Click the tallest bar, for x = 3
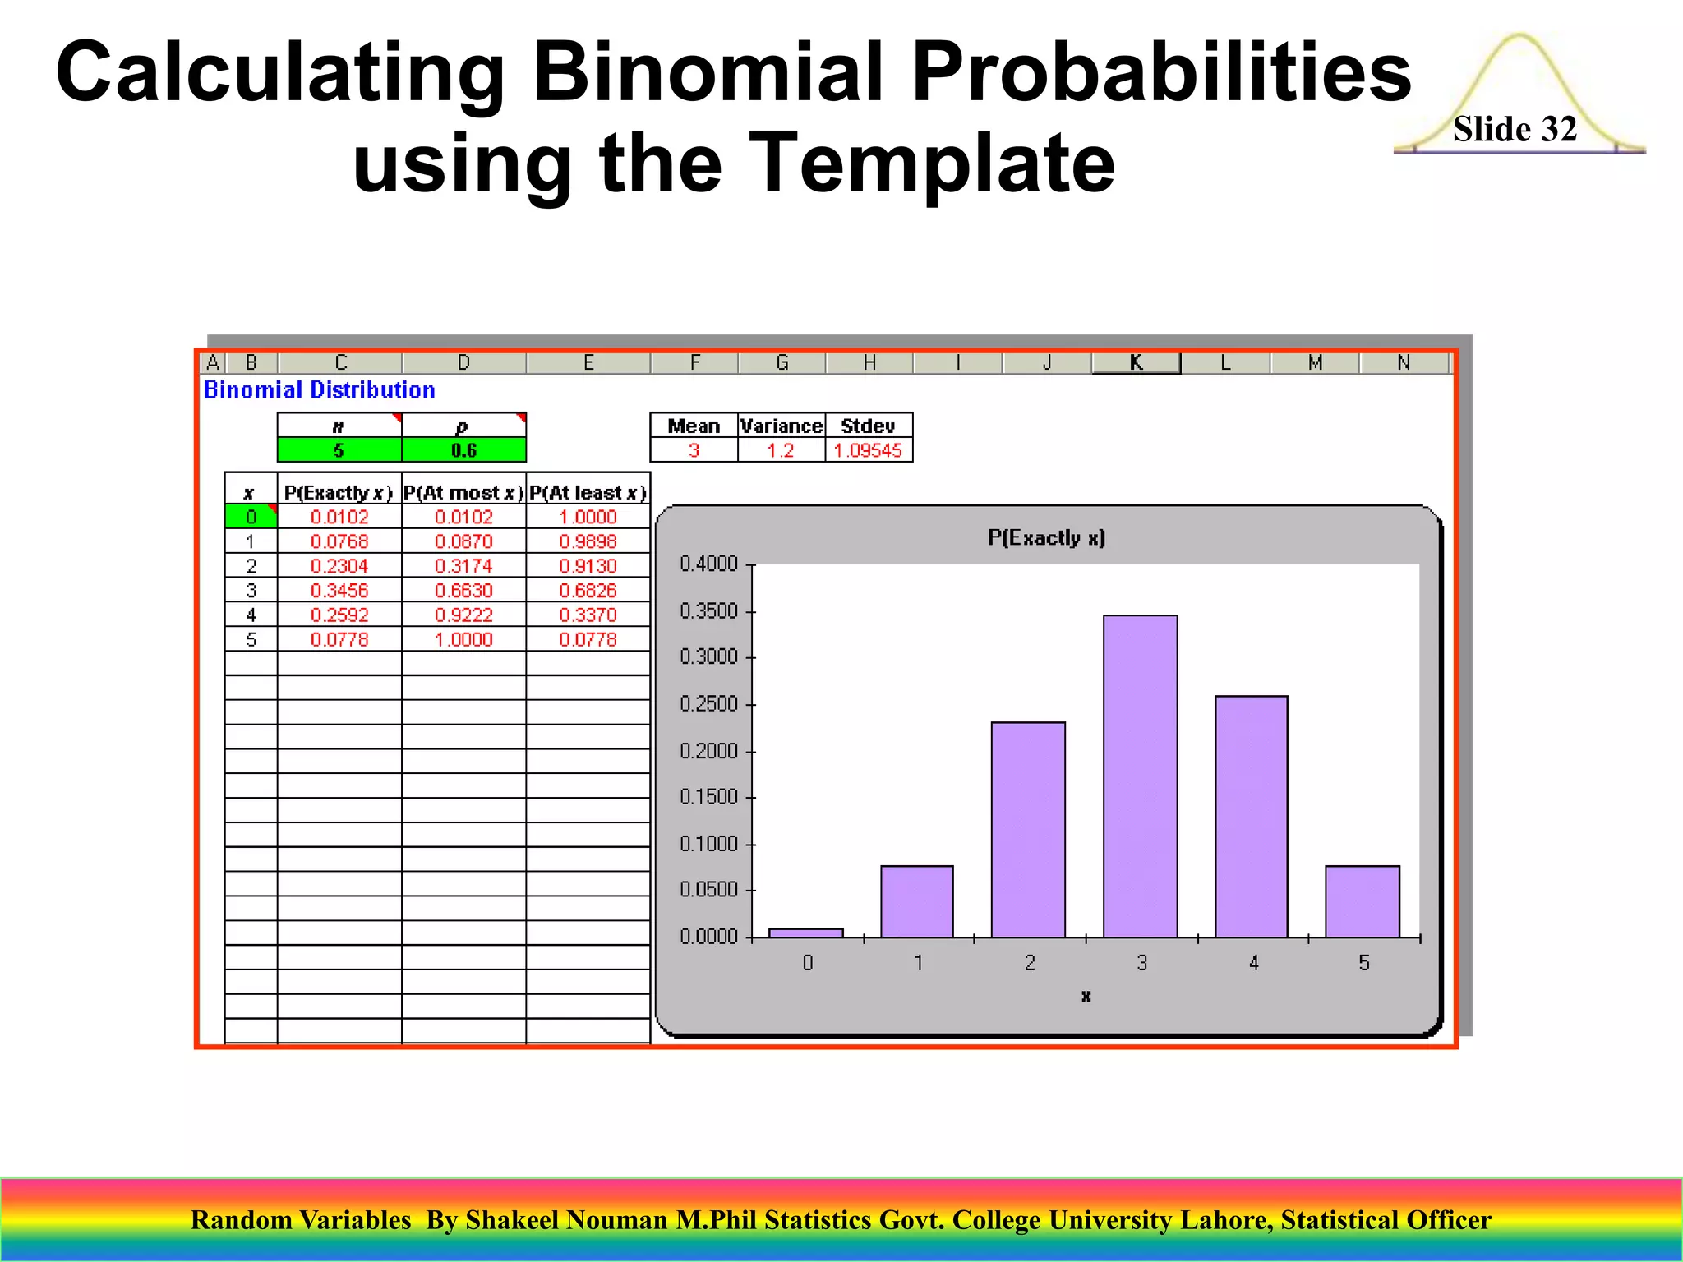click(1140, 776)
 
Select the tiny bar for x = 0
click(805, 933)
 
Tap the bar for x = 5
click(1362, 901)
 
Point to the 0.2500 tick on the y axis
click(708, 704)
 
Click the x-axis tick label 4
click(1253, 963)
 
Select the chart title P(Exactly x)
click(1046, 538)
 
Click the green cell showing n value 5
click(339, 450)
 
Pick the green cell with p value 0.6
click(463, 450)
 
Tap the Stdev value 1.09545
click(868, 450)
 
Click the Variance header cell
click(781, 426)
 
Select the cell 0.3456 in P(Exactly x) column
click(339, 591)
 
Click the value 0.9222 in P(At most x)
click(463, 615)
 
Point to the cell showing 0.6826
click(588, 591)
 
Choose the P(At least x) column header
click(588, 493)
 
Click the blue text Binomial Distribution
click(319, 390)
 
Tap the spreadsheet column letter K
click(1136, 362)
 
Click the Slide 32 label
click(1514, 129)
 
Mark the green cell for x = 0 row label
click(251, 517)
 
